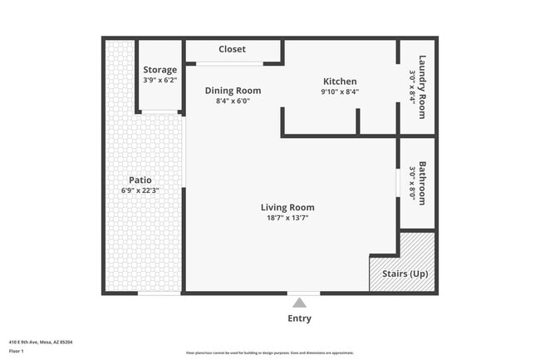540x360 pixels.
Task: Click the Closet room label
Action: (232, 49)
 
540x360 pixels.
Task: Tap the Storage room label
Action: (160, 70)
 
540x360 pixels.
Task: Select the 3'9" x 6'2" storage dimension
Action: (160, 81)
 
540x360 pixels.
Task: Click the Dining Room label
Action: (233, 91)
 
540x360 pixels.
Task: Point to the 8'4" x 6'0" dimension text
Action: (233, 101)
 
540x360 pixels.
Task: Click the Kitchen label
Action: (340, 81)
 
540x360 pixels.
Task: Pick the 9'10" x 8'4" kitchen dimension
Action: (340, 92)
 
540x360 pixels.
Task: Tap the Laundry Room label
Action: (423, 86)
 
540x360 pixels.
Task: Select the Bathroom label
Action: (423, 183)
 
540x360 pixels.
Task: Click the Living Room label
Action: (287, 208)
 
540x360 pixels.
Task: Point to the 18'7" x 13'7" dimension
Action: (287, 219)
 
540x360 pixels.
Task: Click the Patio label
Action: (140, 180)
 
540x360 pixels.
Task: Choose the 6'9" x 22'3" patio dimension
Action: (140, 190)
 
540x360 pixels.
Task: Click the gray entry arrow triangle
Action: (299, 303)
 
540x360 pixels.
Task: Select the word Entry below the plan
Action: (299, 318)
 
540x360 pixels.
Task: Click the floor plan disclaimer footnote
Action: (270, 353)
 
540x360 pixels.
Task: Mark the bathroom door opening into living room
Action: (399, 182)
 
